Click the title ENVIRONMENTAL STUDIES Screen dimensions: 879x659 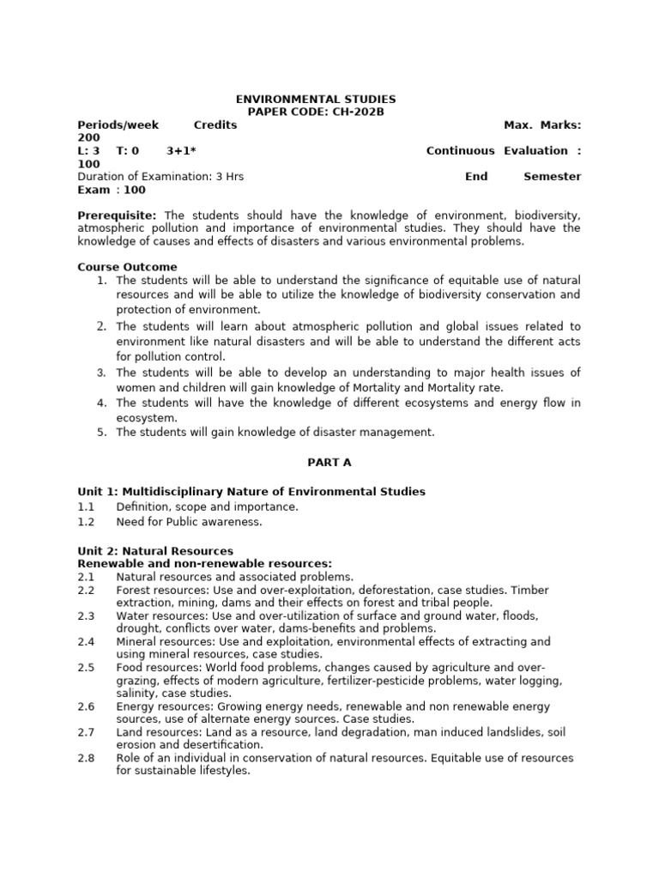click(316, 100)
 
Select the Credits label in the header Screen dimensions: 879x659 click(215, 125)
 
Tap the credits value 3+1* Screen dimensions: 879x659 click(181, 151)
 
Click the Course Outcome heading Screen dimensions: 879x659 click(128, 267)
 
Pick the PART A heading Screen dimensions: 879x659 click(329, 463)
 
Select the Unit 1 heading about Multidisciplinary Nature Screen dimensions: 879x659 click(251, 492)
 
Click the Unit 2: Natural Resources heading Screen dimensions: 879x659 click(155, 551)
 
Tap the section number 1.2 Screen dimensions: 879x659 click(87, 522)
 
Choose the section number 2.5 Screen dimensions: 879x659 click(87, 668)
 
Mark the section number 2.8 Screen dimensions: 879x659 click(87, 759)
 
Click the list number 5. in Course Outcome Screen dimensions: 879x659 click(101, 433)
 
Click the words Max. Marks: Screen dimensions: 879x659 click(542, 125)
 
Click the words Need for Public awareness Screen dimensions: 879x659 click(190, 522)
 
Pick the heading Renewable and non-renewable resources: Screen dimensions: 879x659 click(205, 564)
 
